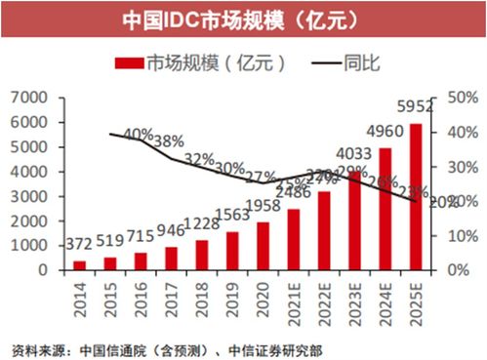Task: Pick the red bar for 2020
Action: point(264,245)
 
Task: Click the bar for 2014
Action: point(79,263)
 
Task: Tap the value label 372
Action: point(80,243)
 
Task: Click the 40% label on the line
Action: point(139,135)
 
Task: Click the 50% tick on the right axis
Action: point(461,97)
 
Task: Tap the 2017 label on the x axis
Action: point(172,294)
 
